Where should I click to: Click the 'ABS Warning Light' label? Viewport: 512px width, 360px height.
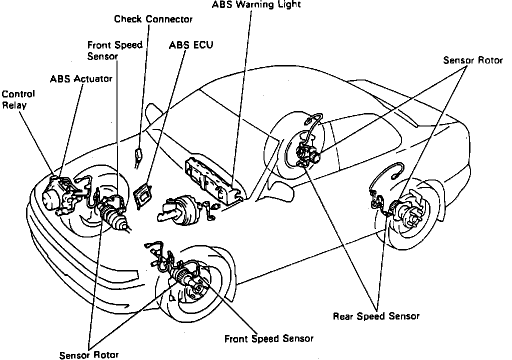tap(256, 4)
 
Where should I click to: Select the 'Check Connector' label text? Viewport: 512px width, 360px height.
tap(153, 19)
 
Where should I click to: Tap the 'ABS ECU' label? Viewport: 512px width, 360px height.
tap(191, 44)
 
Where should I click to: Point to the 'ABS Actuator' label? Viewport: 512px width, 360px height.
tap(81, 78)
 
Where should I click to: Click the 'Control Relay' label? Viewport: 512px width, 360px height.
tap(18, 99)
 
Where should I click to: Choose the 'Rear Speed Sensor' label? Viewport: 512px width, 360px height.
tap(376, 316)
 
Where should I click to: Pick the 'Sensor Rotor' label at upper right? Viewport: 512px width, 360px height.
tap(472, 60)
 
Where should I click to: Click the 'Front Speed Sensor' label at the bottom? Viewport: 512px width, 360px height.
tap(268, 338)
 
